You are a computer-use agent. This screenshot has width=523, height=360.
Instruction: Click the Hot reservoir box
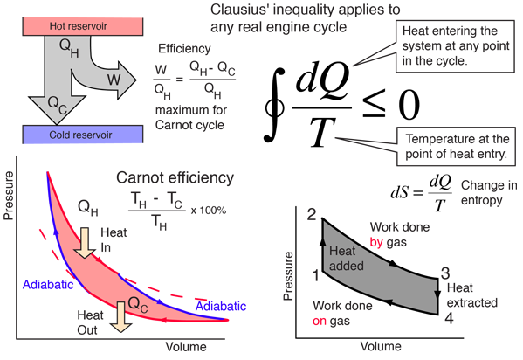[x=83, y=26]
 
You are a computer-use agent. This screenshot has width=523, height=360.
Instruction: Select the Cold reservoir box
[x=83, y=135]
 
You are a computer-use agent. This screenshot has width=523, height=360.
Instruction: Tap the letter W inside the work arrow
[x=114, y=80]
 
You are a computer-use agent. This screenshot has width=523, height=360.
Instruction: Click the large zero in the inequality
[x=409, y=105]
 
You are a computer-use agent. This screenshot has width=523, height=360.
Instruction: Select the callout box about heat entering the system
[x=455, y=46]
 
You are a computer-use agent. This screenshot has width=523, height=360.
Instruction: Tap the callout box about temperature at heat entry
[x=456, y=146]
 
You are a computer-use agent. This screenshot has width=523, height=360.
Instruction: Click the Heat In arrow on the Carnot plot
[x=85, y=243]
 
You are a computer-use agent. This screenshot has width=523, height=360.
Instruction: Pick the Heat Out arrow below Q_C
[x=120, y=317]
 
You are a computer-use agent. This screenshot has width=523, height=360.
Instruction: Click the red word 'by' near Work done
[x=376, y=242]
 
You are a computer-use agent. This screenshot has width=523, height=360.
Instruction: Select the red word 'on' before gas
[x=320, y=321]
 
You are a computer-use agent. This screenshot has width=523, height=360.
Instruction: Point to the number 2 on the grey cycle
[x=312, y=214]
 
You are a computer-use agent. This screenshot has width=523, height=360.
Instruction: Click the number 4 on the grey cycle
[x=450, y=318]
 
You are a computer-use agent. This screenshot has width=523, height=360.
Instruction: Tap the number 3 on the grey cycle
[x=445, y=273]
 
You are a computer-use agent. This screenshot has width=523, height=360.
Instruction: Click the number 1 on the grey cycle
[x=316, y=275]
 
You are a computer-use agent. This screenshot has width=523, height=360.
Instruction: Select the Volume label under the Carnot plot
[x=186, y=347]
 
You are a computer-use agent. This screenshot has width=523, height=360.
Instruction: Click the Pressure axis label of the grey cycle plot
[x=287, y=276]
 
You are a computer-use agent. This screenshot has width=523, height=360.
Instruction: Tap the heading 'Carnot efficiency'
[x=175, y=178]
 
